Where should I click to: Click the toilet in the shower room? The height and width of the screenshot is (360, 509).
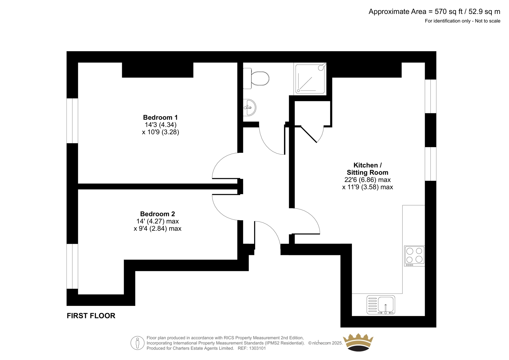coord(256,78)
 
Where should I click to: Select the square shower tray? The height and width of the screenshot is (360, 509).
coord(310,79)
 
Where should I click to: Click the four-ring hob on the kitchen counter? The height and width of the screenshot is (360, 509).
coord(414,256)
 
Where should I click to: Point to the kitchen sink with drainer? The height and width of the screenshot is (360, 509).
coord(380,305)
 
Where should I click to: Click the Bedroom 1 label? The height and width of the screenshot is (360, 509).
coord(160,117)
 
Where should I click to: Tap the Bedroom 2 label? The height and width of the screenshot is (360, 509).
coord(157,214)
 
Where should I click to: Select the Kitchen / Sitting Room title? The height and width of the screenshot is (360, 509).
coord(367,169)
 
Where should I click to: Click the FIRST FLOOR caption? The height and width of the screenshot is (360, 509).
coord(91,316)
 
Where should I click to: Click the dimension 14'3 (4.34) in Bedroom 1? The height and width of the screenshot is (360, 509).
coord(161,125)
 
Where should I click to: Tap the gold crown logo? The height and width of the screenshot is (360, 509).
coord(358,342)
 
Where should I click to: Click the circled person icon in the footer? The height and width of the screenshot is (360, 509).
coord(137,343)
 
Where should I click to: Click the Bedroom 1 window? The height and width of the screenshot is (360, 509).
coord(72,121)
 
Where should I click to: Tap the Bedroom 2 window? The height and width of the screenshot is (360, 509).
coord(72,266)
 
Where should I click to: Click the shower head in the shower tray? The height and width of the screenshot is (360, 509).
coord(322,67)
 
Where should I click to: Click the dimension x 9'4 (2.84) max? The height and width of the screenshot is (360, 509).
coord(157,228)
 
